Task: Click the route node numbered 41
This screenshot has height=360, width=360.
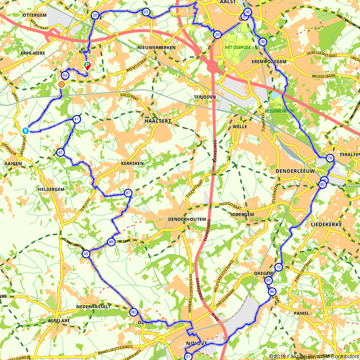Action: point(76,119)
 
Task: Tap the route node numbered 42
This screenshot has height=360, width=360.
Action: point(60,152)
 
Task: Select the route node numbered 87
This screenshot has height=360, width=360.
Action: point(128,193)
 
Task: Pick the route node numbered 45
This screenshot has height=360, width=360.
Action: point(86,254)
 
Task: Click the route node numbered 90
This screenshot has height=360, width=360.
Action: point(133,312)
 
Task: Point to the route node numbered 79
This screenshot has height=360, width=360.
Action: point(330,158)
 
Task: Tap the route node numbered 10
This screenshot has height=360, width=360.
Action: point(278,267)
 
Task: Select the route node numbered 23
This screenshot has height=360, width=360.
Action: point(146,12)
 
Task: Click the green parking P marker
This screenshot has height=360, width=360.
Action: point(87,65)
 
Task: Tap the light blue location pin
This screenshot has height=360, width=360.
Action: point(25,130)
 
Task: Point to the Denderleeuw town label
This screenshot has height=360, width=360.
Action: point(295,171)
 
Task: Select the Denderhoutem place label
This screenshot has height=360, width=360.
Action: point(187,219)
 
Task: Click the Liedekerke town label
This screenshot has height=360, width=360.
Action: point(326,224)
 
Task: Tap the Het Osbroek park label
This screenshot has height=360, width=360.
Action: point(238,48)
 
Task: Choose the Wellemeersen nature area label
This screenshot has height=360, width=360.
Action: point(279,111)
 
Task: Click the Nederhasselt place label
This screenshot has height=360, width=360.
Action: point(93,307)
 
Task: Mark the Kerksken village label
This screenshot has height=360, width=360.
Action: point(132,163)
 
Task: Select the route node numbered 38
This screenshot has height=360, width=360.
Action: point(263,42)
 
